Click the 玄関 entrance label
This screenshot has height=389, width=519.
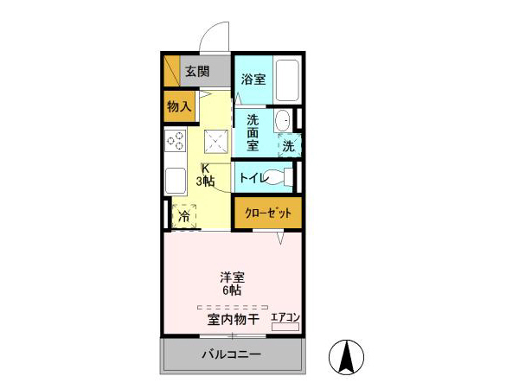197,71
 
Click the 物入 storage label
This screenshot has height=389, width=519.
179,107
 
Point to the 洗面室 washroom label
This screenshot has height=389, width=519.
253,132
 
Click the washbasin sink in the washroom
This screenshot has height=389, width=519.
282,122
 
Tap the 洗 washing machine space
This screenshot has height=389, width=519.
288,146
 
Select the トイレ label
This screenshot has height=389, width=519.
252,178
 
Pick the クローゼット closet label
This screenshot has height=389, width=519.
268,213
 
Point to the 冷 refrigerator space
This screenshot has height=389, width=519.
183,216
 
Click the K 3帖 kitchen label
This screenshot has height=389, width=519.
205,175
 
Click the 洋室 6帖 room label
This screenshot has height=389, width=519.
231,284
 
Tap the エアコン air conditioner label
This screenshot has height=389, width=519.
285,318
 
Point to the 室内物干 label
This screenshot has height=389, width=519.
233,321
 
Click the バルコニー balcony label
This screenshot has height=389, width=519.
231,355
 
